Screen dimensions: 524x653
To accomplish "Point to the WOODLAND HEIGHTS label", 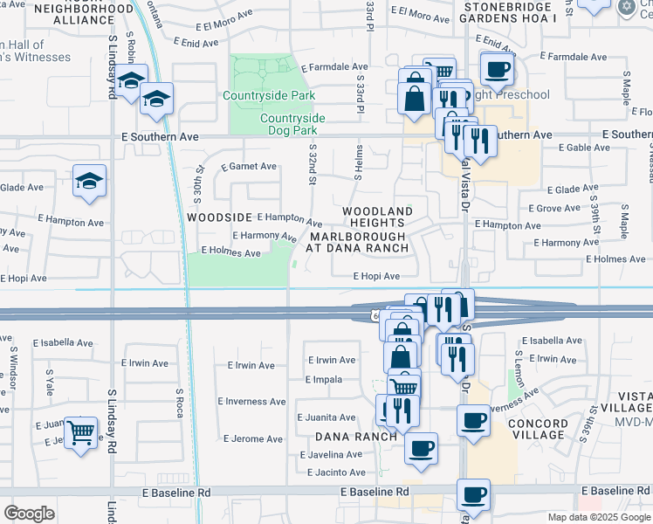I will pyautogui.click(x=377, y=217).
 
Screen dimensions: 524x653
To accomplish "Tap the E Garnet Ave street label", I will pyautogui.click(x=249, y=166).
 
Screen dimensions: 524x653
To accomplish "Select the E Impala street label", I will pyautogui.click(x=323, y=379).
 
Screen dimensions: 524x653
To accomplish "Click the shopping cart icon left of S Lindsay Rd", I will pyautogui.click(x=81, y=430).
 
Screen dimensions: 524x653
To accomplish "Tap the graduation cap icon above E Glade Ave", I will pyautogui.click(x=90, y=181).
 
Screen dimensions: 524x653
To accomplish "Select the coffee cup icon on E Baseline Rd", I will pyautogui.click(x=474, y=495).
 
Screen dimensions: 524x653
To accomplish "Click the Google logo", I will pyautogui.click(x=30, y=514).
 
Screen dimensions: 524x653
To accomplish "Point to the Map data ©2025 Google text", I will pyautogui.click(x=598, y=517).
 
